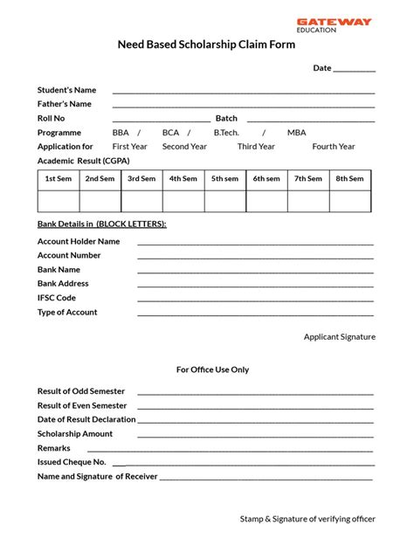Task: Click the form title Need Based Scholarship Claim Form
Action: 206,45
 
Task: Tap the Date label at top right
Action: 322,68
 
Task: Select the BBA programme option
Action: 121,133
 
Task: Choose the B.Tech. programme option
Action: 226,133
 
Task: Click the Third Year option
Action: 256,147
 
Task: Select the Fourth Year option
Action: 334,147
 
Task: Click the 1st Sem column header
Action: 59,179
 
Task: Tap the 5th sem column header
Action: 224,179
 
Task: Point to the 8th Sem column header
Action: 350,179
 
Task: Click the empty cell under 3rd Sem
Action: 141,201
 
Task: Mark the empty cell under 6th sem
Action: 266,201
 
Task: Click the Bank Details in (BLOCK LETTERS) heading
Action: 101,224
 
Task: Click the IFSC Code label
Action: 57,298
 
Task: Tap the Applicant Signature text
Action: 339,336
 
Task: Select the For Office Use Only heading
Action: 212,369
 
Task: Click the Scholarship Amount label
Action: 75,433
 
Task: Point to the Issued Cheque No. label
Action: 72,462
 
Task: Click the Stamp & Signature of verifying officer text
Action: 307,519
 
